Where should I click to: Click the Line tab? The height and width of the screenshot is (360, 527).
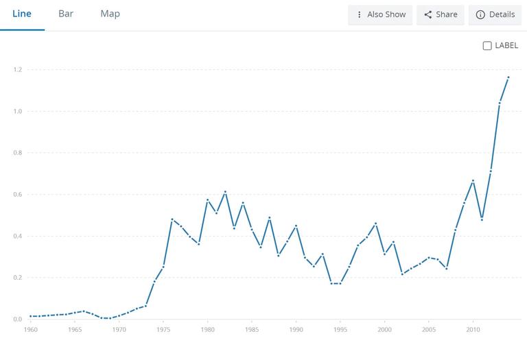click(22, 14)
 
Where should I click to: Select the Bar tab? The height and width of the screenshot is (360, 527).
click(66, 14)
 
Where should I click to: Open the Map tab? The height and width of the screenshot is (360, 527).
click(110, 14)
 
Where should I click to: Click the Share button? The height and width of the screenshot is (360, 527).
click(441, 14)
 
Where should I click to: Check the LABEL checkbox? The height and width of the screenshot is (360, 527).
click(487, 46)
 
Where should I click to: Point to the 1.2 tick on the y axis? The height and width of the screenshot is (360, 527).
click(18, 70)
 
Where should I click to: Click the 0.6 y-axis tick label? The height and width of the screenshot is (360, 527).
click(18, 195)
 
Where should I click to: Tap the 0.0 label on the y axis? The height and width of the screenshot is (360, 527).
click(18, 320)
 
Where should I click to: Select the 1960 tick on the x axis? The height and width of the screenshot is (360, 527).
click(31, 330)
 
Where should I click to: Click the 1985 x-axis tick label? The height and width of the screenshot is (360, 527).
click(251, 330)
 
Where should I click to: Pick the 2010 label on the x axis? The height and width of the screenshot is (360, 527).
click(473, 330)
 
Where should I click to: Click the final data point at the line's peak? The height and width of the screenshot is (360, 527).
click(508, 77)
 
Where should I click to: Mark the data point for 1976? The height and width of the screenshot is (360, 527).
click(172, 219)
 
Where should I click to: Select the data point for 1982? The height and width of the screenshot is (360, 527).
click(225, 191)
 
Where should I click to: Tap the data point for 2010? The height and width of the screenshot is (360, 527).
click(473, 180)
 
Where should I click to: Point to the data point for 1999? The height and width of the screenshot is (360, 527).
click(375, 224)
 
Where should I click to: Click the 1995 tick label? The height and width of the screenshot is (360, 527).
click(340, 330)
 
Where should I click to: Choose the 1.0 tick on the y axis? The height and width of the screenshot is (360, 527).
click(18, 112)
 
